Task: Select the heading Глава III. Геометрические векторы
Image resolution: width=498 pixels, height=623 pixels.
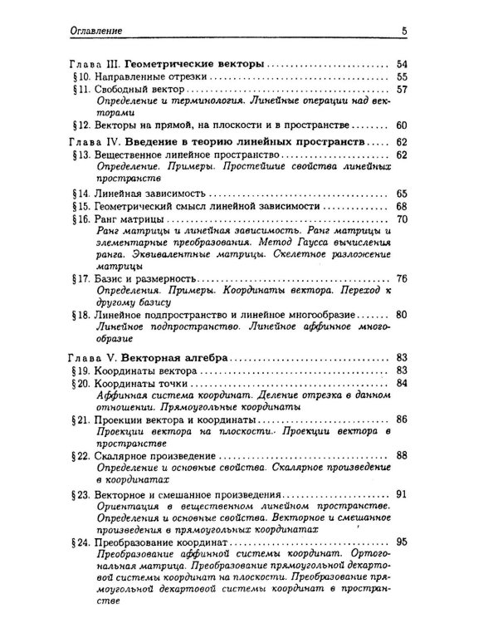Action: point(166,63)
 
